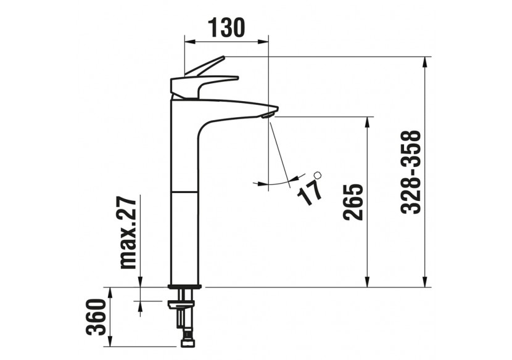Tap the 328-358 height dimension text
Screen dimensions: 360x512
coord(411,172)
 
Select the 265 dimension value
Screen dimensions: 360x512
coord(352,202)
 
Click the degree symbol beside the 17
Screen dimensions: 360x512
coord(318,176)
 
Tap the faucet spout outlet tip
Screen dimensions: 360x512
coord(269,114)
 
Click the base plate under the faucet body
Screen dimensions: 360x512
coord(185,285)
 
